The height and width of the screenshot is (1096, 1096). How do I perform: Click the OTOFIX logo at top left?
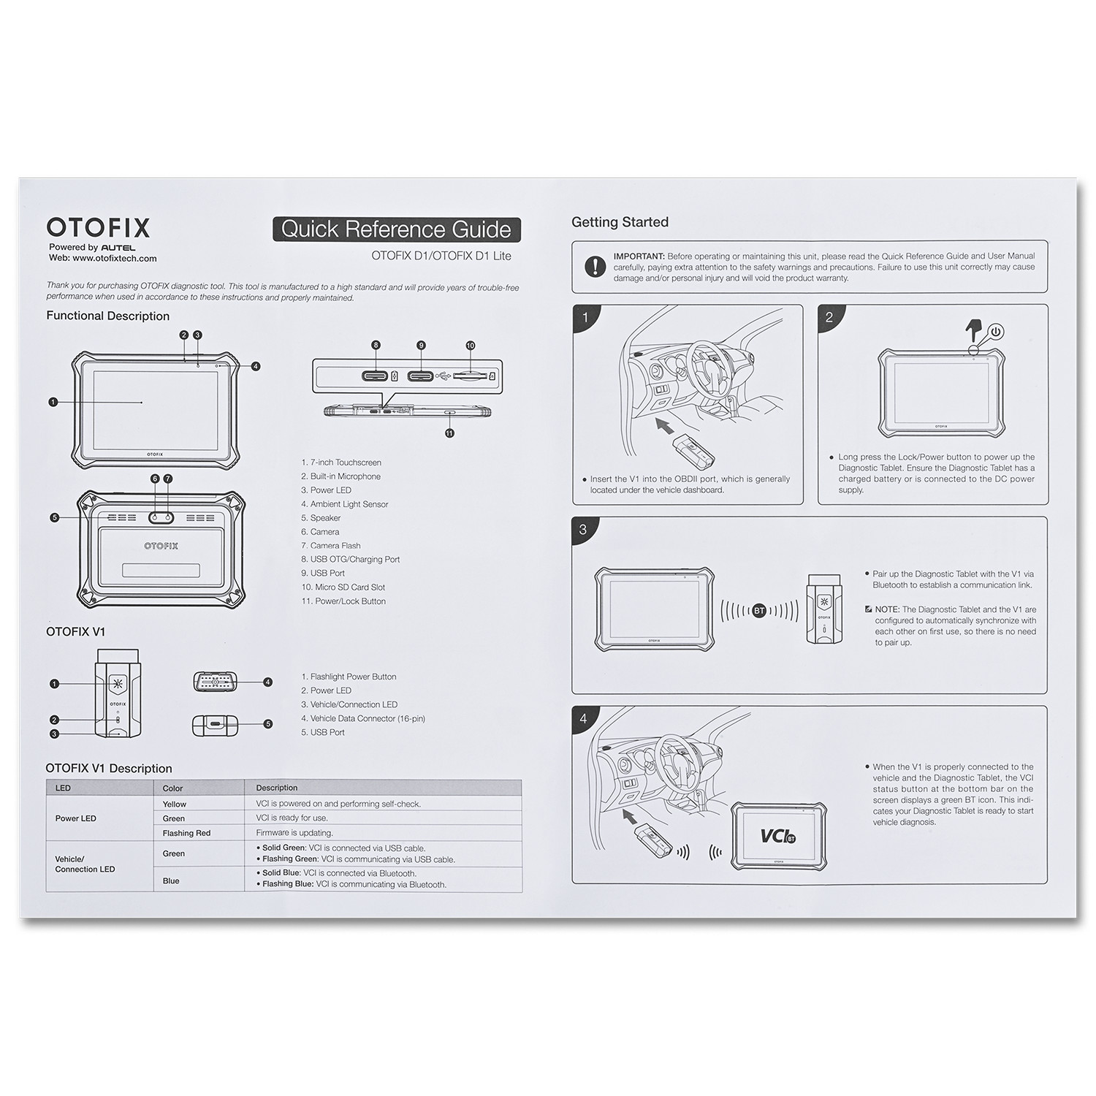[98, 228]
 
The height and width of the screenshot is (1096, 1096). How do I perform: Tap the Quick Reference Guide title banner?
[396, 229]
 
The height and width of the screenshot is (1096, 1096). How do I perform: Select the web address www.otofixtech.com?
[114, 258]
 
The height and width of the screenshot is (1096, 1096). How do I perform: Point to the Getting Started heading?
[620, 222]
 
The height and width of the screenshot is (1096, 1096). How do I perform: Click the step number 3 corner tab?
[583, 530]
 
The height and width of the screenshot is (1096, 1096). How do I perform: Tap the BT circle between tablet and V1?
[759, 611]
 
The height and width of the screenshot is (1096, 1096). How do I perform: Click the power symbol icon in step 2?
[997, 332]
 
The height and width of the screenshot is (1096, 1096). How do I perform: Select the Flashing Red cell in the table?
[186, 833]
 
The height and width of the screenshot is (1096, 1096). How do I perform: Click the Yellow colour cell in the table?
[175, 804]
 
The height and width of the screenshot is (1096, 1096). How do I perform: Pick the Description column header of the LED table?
[277, 788]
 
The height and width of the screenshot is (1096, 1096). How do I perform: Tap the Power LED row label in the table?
[76, 818]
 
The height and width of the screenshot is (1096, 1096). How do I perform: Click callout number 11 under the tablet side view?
[449, 433]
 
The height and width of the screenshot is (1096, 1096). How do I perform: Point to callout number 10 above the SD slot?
[470, 346]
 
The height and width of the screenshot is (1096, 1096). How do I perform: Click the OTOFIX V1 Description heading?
[109, 769]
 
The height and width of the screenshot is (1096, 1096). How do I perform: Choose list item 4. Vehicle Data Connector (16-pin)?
[363, 719]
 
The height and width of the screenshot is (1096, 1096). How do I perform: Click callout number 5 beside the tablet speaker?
[54, 518]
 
